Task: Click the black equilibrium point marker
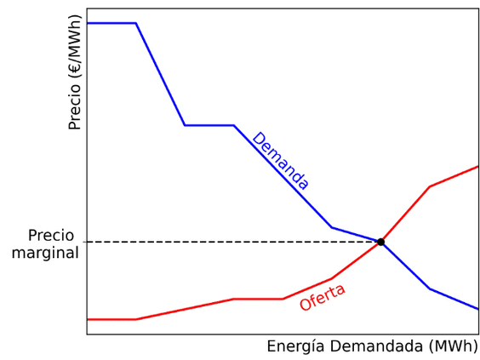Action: click(380, 242)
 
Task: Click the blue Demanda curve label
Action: click(280, 161)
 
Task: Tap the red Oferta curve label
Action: click(323, 297)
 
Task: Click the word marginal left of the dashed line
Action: click(45, 253)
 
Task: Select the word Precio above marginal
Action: click(51, 236)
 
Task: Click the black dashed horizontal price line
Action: click(230, 242)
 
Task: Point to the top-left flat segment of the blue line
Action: click(111, 23)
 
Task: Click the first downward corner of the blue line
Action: click(136, 23)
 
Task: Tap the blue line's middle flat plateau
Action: click(209, 125)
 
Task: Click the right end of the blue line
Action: click(477, 309)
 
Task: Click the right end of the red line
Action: click(477, 166)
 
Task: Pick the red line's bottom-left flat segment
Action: click(111, 319)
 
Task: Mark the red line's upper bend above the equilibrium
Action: click(429, 186)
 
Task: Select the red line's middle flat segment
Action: click(258, 299)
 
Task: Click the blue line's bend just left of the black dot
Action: click(332, 227)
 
